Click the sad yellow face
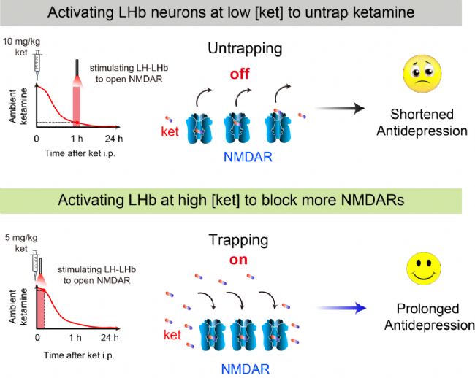[422, 74]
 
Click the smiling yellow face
[424, 269]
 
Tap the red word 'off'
[240, 74]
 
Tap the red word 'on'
[238, 260]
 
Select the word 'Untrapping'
[245, 48]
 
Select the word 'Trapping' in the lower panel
[238, 240]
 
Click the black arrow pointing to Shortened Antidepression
[340, 108]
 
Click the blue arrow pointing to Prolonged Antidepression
[341, 308]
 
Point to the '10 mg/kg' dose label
[21, 42]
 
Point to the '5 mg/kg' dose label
[21, 238]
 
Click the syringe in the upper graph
[37, 65]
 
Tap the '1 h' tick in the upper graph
[77, 139]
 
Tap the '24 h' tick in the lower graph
[110, 337]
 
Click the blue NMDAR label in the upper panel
[248, 157]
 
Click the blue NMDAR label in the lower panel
[246, 369]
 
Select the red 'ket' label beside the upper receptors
[170, 131]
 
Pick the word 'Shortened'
[422, 115]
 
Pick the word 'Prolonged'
[428, 309]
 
